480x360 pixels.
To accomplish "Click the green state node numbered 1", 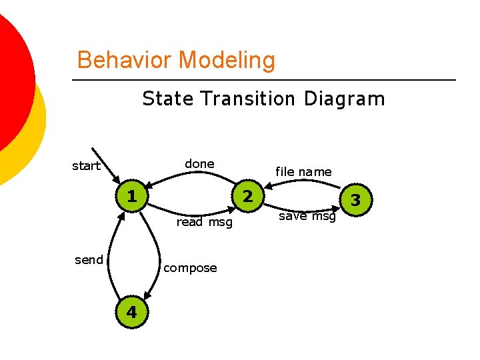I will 132,197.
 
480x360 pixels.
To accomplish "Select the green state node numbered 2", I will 247,197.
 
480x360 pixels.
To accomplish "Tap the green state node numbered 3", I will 355,200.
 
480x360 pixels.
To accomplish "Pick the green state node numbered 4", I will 132,311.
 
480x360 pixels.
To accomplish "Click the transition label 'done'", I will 199,164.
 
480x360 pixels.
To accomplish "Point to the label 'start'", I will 86,166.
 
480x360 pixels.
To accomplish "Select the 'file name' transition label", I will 303,172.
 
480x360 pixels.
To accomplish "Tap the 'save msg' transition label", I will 307,216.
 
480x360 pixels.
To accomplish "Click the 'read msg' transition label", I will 204,222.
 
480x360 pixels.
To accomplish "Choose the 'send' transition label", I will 89,260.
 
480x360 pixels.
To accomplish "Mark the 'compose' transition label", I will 190,268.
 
